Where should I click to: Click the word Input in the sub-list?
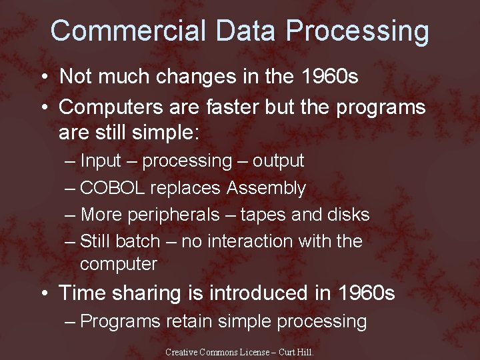[101, 161]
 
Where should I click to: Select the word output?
[277, 161]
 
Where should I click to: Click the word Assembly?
[266, 188]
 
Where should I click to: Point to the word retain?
[192, 321]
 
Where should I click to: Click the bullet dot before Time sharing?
[44, 293]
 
